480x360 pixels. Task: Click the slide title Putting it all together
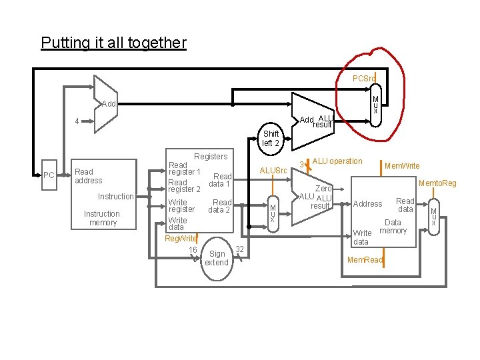113,43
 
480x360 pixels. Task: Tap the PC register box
49,175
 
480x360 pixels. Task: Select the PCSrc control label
364,79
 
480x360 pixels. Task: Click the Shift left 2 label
271,139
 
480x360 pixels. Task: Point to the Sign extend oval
217,258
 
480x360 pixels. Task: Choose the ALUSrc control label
273,171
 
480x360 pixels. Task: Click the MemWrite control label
402,166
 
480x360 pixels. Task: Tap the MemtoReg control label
437,183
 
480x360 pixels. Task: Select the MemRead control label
365,260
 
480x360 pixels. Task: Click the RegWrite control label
181,239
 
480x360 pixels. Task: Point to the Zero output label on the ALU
323,189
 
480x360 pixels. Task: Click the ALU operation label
337,161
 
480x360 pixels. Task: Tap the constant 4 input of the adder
77,121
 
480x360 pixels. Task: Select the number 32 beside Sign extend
240,249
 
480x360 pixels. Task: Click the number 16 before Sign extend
193,250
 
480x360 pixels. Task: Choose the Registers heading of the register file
211,157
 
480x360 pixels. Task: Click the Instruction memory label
102,218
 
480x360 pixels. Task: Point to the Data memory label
393,227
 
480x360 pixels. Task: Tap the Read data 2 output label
220,206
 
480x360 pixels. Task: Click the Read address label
89,176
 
